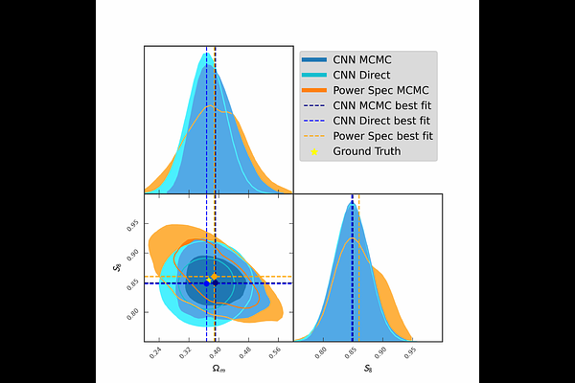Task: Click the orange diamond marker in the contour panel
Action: [215, 277]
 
